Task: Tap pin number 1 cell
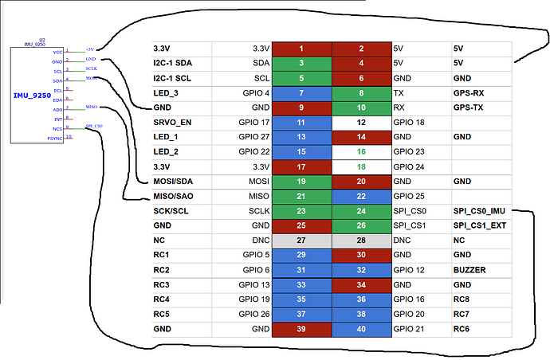[x=302, y=49]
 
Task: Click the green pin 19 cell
[x=302, y=181]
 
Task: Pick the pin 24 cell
[x=362, y=211]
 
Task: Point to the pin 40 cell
[x=362, y=328]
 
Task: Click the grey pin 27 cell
[x=302, y=240]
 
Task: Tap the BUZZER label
[x=469, y=269]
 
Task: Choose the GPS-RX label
[x=469, y=92]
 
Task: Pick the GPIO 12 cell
[x=410, y=269]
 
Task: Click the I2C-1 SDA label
[x=175, y=63]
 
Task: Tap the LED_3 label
[x=166, y=92]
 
